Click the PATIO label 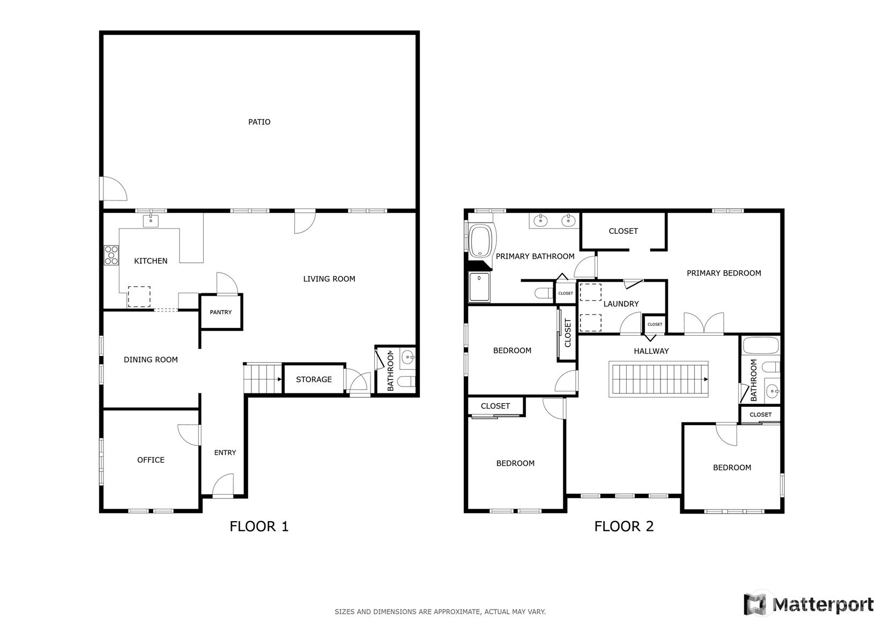coord(259,122)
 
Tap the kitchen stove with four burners coord(111,255)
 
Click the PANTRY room coord(221,312)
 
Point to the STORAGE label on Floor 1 coord(314,379)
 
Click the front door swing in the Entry coord(223,485)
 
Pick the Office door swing coord(189,435)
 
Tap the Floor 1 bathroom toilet coord(406,381)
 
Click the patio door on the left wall coord(113,189)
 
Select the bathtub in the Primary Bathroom coord(480,241)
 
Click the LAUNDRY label coord(621,303)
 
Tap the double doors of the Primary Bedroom coord(703,323)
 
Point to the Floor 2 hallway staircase coord(658,379)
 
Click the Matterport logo coord(808,605)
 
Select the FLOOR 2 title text coord(624,526)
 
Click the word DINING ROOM coord(151,360)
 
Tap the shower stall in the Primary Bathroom coord(479,287)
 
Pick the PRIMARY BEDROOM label coord(724,273)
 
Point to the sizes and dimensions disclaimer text coord(440,612)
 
